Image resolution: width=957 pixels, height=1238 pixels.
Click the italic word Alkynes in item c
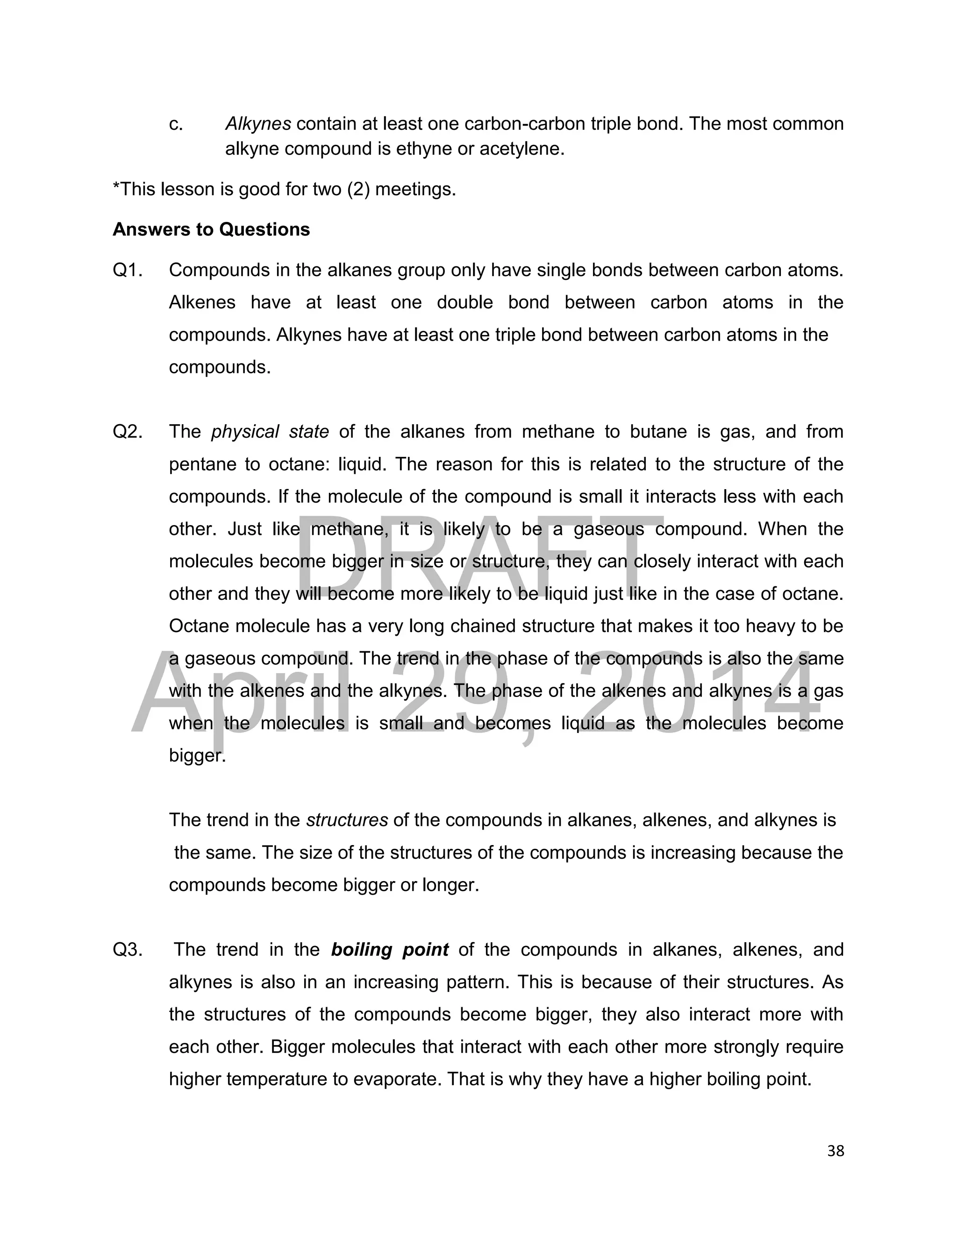tap(258, 124)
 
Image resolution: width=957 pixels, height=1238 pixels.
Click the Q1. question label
tap(128, 270)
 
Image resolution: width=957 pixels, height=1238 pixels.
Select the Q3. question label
tap(128, 949)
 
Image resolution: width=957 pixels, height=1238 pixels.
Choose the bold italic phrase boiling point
tap(390, 949)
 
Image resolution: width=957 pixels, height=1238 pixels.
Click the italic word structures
tap(347, 820)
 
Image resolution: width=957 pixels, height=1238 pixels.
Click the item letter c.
tap(176, 124)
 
